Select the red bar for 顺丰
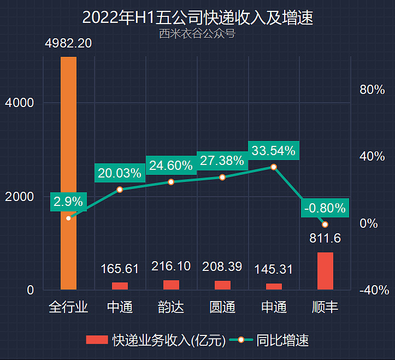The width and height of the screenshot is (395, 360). pyautogui.click(x=325, y=271)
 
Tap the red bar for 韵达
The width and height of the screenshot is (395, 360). pyautogui.click(x=171, y=285)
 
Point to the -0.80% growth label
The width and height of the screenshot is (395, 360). pyautogui.click(x=325, y=208)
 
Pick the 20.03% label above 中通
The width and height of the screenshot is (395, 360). pyautogui.click(x=120, y=173)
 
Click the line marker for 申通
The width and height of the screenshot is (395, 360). pyautogui.click(x=274, y=167)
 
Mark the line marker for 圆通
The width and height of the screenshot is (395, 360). pyautogui.click(x=222, y=178)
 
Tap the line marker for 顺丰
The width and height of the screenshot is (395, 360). pyautogui.click(x=325, y=225)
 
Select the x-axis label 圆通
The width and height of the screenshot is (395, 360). pyautogui.click(x=222, y=307)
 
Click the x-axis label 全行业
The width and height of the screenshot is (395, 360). pyautogui.click(x=68, y=307)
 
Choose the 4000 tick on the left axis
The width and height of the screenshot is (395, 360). pyautogui.click(x=19, y=103)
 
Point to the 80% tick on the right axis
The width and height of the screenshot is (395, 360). pyautogui.click(x=372, y=90)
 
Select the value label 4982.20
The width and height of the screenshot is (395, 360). pyautogui.click(x=68, y=43)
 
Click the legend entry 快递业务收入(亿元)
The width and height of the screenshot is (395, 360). pyautogui.click(x=156, y=340)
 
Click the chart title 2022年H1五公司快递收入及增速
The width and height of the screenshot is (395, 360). pyautogui.click(x=197, y=17)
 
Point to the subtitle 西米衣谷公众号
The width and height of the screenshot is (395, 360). pyautogui.click(x=197, y=34)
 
